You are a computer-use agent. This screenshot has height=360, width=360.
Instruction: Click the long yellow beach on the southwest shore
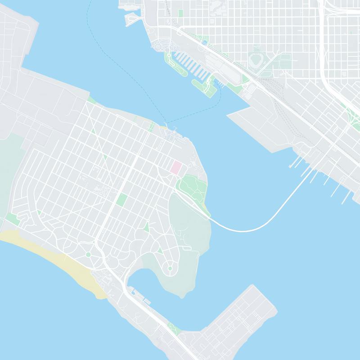tap(54, 256)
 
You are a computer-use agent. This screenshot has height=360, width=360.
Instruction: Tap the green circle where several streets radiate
tap(88, 255)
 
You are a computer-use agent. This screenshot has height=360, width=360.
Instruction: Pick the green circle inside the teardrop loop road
tap(170, 269)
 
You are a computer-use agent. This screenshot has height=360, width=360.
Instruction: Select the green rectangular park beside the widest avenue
tap(121, 199)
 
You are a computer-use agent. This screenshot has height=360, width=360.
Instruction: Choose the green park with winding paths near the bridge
tap(191, 185)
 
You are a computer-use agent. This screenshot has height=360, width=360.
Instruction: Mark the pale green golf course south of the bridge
tap(189, 225)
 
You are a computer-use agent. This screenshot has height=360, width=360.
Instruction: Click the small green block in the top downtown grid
tap(180, 13)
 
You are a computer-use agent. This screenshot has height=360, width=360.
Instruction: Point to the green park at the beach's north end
tap(12, 219)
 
